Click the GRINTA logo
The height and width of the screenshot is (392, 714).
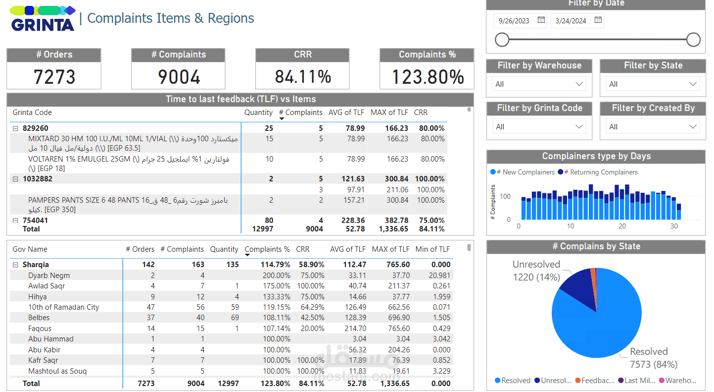pyautogui.click(x=43, y=19)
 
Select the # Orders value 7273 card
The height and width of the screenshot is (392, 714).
pyautogui.click(x=54, y=76)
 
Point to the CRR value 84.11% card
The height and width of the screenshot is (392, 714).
pyautogui.click(x=303, y=76)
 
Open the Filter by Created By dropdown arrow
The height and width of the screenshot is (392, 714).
pyautogui.click(x=693, y=127)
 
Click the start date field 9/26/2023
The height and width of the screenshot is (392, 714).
pyautogui.click(x=514, y=21)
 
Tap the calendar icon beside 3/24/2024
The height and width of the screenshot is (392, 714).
pyautogui.click(x=598, y=20)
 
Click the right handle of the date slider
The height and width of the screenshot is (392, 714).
pyautogui.click(x=693, y=40)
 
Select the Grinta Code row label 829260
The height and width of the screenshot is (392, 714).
pyautogui.click(x=36, y=128)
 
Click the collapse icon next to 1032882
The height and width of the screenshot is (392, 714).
pyautogui.click(x=15, y=179)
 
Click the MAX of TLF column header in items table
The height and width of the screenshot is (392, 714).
pyautogui.click(x=389, y=112)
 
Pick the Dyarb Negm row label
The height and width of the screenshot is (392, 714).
pyautogui.click(x=49, y=276)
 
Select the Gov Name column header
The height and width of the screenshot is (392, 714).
pyautogui.click(x=30, y=249)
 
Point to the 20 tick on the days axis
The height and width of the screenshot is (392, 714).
pyautogui.click(x=622, y=226)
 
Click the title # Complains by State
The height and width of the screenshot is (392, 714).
pyautogui.click(x=596, y=247)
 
